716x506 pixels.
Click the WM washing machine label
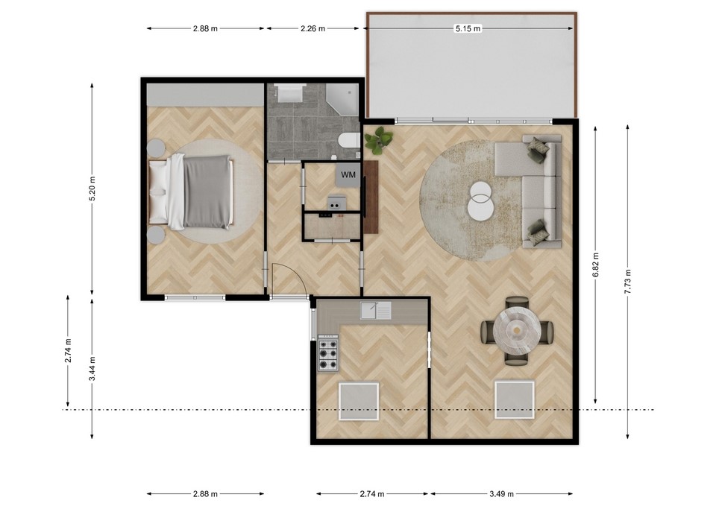coord(348,174)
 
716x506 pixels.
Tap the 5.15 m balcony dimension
coord(468,28)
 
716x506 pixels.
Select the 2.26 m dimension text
coord(313,28)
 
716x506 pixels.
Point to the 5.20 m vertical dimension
coord(92,189)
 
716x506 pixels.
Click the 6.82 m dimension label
coord(595,265)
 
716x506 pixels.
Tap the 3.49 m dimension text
coord(501,493)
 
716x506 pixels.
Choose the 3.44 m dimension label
coord(92,369)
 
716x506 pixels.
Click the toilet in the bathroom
coord(349,141)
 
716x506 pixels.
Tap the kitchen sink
coord(376,311)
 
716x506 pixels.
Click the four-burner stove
coord(328,353)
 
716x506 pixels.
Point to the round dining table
coord(517,329)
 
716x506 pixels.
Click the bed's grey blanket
coord(207,192)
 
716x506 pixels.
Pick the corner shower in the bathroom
coord(342,98)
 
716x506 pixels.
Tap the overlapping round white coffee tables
coord(480,200)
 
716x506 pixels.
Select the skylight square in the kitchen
coord(359,402)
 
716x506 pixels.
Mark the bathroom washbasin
coord(289,93)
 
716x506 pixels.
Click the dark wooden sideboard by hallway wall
coord(371,197)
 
